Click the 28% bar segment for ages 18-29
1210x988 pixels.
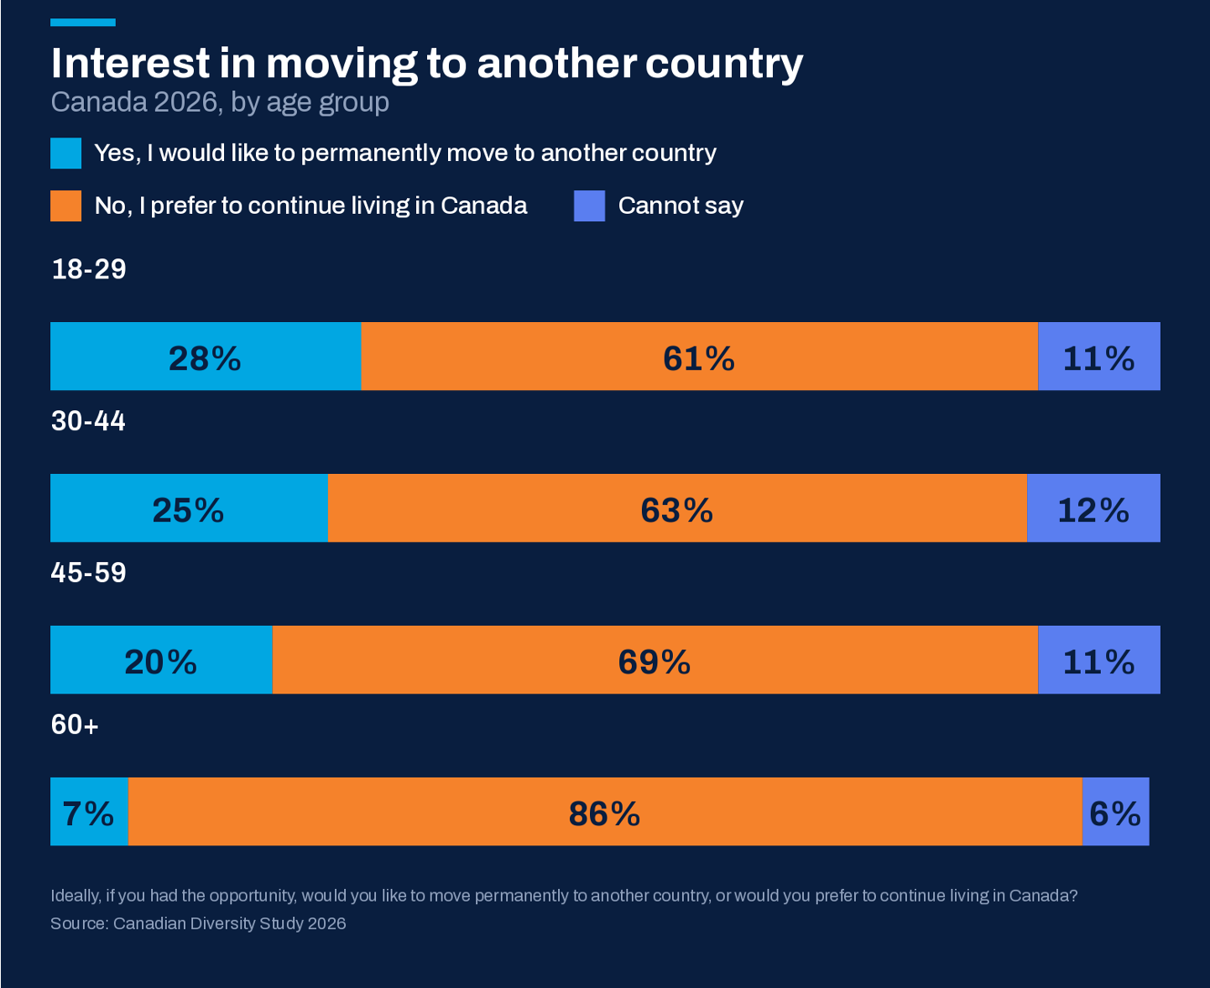click(x=206, y=356)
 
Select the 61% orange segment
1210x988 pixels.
click(x=699, y=356)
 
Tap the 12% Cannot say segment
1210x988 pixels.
click(x=1093, y=507)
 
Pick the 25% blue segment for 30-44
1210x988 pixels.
click(x=190, y=507)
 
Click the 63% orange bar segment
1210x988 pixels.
click(x=677, y=507)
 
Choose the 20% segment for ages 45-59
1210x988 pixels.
click(x=161, y=659)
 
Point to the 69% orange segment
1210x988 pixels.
click(x=655, y=659)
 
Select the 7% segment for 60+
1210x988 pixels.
click(x=90, y=811)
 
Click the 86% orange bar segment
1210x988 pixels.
click(x=605, y=811)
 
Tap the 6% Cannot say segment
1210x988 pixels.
click(x=1116, y=811)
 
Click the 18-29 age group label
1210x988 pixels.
click(x=88, y=269)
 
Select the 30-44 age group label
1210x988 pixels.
click(x=88, y=421)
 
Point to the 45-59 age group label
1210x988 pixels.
click(x=88, y=572)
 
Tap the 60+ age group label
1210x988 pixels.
click(x=75, y=725)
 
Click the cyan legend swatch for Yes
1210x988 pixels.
click(x=66, y=153)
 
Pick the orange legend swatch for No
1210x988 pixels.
click(x=66, y=205)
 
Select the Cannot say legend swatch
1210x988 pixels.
click(x=589, y=205)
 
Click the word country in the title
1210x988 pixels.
click(x=724, y=65)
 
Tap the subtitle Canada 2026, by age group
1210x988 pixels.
click(x=220, y=103)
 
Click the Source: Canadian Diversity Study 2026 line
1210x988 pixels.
click(x=198, y=923)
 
